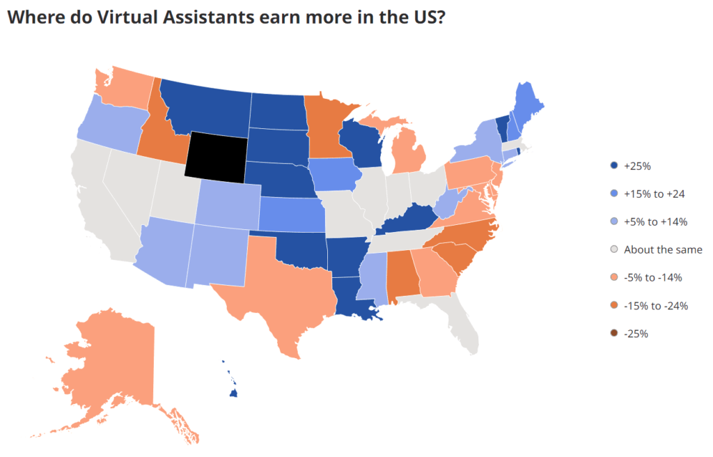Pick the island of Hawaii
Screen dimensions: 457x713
[235, 394]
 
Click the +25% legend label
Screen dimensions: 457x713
[637, 166]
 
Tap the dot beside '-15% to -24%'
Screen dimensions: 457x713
[613, 305]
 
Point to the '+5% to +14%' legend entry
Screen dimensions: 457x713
[655, 222]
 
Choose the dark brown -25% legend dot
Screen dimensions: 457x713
[613, 333]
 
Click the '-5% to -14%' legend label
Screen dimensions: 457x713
[652, 277]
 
